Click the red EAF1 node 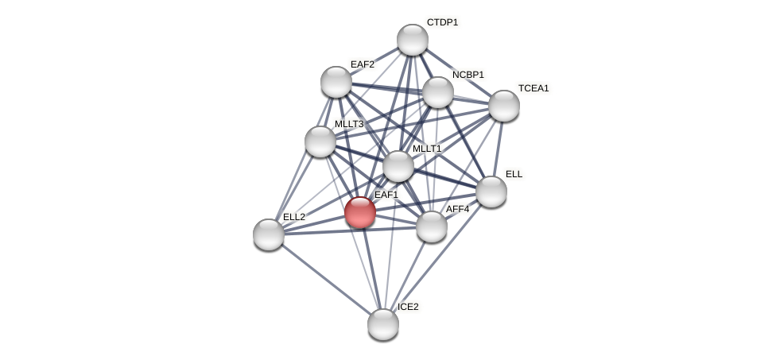359,212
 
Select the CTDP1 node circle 412,40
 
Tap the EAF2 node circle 336,81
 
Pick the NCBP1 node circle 437,92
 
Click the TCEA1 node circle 503,106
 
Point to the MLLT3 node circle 320,141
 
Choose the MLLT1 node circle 398,166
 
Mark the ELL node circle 491,191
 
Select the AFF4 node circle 432,226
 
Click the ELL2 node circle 269,234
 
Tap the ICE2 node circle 383,323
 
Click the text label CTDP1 442,22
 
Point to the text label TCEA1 533,88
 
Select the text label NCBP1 468,75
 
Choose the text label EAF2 362,64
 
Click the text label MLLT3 348,124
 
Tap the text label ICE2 407,307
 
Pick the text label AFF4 457,209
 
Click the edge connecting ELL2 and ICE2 326,279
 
